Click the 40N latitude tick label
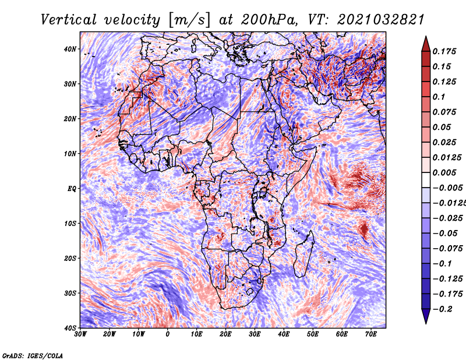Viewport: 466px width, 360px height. click(x=70, y=49)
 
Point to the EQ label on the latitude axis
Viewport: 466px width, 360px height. click(x=72, y=189)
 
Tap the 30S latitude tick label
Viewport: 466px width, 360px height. click(x=70, y=293)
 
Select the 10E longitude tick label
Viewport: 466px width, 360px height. click(x=196, y=334)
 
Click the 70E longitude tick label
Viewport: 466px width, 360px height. click(x=370, y=334)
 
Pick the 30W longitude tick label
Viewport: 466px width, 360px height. click(x=80, y=334)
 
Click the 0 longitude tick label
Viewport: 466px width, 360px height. click(x=167, y=334)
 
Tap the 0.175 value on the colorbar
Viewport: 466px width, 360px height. click(x=444, y=52)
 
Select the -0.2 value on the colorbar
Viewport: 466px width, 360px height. click(x=442, y=309)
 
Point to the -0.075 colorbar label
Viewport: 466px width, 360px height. click(x=447, y=249)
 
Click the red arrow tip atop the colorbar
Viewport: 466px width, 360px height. click(x=426, y=37)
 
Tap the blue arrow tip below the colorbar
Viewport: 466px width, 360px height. click(x=426, y=323)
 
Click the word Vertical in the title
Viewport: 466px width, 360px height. click(x=68, y=20)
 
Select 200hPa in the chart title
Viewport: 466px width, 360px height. click(x=269, y=20)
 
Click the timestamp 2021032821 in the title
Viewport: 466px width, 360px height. click(x=380, y=20)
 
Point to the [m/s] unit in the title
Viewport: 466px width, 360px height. click(x=189, y=20)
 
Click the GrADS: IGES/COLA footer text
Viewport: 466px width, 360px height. click(x=33, y=356)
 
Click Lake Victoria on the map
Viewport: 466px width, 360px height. click(x=263, y=192)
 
